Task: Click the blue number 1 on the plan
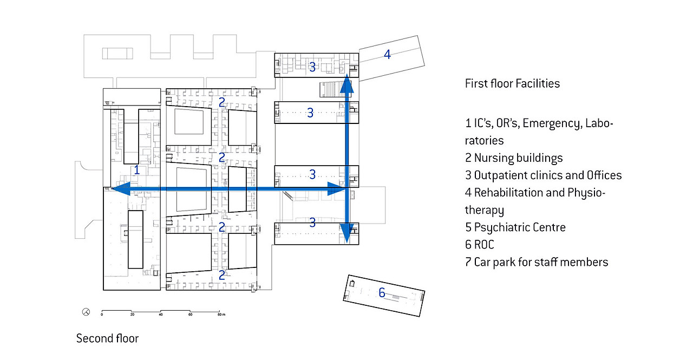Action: [x=137, y=170]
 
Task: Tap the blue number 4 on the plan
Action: [x=387, y=54]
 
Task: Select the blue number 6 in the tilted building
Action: [x=382, y=293]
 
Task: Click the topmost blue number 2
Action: [x=222, y=102]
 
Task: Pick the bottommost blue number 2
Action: [x=222, y=275]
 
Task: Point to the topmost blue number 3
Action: [x=312, y=67]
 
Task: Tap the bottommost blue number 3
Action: [x=312, y=222]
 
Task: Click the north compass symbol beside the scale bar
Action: [x=86, y=312]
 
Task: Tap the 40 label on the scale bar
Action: [x=161, y=315]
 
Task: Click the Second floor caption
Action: [x=107, y=339]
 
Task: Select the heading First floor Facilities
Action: [x=512, y=83]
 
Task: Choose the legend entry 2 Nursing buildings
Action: [x=514, y=158]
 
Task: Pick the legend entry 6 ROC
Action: [x=480, y=245]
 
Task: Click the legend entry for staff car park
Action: [x=537, y=262]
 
